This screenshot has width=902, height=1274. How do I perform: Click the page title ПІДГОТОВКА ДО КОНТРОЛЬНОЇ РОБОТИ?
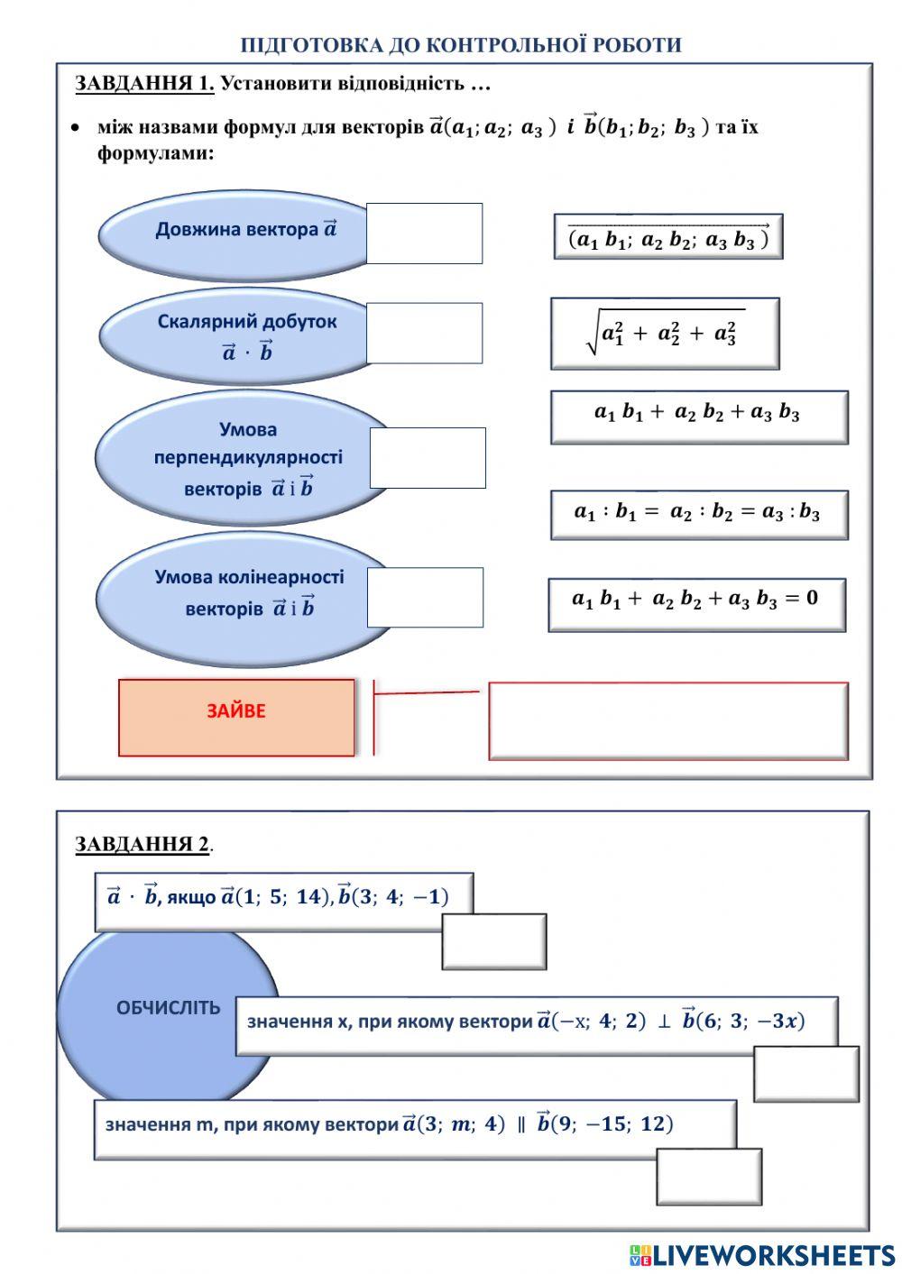coord(460,45)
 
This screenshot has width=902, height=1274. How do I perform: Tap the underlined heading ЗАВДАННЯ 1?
coord(144,83)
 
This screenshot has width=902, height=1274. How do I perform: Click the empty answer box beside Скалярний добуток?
coord(424,333)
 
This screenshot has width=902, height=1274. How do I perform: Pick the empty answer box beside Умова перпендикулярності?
coord(428,458)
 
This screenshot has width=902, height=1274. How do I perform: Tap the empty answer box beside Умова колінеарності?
coord(425,597)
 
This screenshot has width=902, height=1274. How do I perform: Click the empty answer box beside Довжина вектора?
coord(424,234)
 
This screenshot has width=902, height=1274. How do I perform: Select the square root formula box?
coord(665,334)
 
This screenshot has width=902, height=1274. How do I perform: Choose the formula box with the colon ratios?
coord(699,514)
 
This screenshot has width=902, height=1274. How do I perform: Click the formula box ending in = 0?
coord(696,605)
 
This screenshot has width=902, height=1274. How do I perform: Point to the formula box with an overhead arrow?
coord(668,236)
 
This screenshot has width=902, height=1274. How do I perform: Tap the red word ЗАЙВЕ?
coord(236,711)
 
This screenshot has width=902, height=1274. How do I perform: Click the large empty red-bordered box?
coord(668,721)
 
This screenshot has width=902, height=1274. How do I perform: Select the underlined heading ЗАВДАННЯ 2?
coord(143,843)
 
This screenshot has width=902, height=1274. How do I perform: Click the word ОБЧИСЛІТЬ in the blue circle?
coord(169,1007)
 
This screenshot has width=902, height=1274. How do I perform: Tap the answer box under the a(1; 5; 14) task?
coord(494,941)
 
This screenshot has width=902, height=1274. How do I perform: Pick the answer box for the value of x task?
coord(805,1073)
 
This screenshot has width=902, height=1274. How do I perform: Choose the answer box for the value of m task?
coord(708,1177)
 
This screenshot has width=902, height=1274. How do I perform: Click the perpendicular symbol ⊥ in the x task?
coord(664,1022)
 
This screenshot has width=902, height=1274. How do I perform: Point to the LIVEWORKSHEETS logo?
coord(762,1255)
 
